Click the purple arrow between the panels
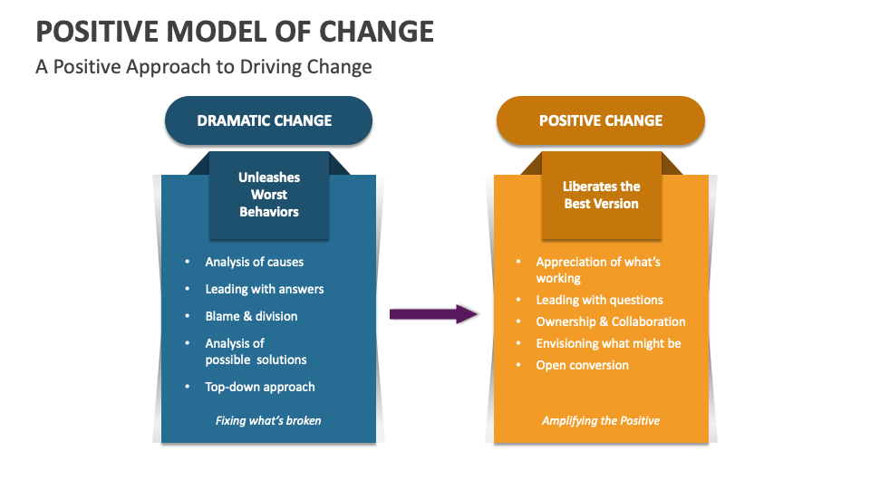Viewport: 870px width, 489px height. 434,314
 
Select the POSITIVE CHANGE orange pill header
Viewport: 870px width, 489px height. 600,120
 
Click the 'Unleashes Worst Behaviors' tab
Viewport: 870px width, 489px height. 268,195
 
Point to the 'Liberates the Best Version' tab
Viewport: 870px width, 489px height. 601,195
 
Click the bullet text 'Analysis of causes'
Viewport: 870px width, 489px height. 254,262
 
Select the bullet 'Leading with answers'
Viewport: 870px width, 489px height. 264,289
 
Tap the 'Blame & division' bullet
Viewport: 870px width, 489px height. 251,316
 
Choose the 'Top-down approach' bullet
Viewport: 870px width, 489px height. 260,387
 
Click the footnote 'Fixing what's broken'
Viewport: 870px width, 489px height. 268,420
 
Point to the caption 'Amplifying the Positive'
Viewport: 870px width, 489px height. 601,420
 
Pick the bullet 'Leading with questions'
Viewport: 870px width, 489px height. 599,300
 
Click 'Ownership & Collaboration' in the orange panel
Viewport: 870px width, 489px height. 610,321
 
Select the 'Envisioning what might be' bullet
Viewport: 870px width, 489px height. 608,343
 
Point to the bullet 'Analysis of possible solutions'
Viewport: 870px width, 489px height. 256,351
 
